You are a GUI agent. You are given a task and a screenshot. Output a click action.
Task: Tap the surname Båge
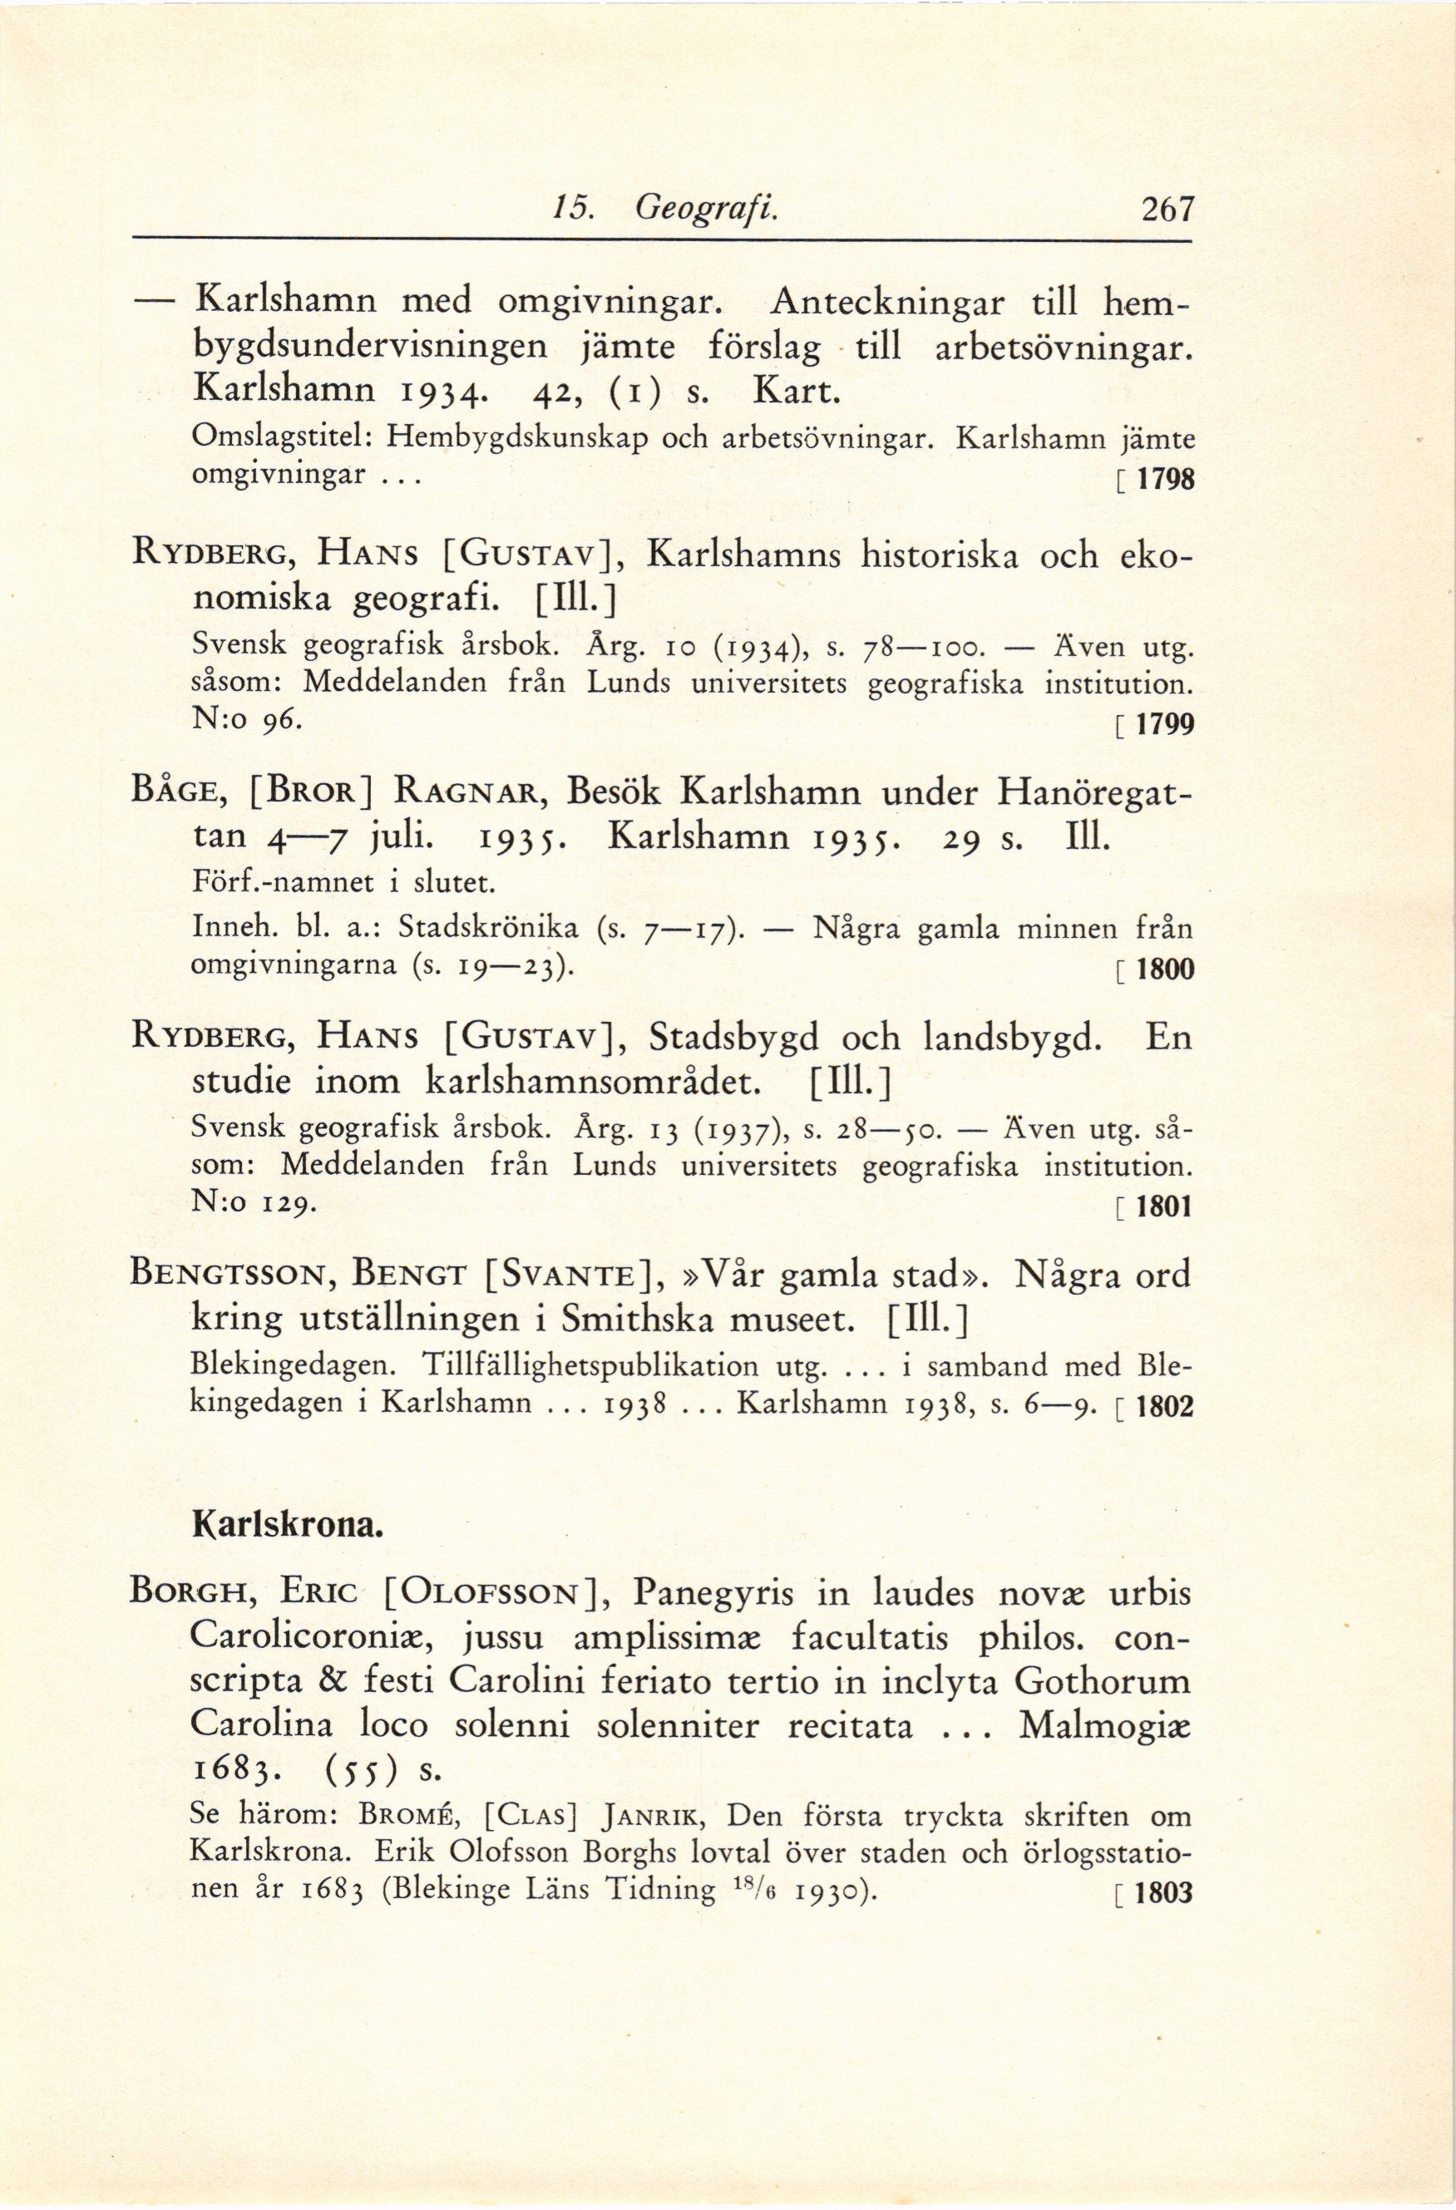(175, 794)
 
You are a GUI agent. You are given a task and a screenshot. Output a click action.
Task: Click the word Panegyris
(714, 1593)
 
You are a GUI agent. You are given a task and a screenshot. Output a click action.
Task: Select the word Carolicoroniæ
(313, 1638)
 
